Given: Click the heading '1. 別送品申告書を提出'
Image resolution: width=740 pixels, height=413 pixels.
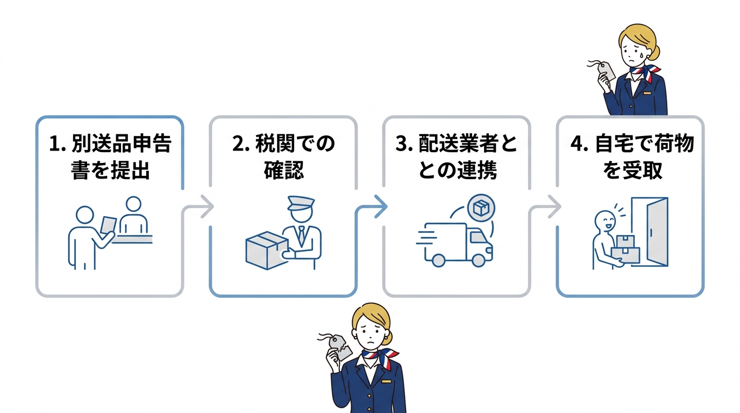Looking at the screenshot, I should [110, 157].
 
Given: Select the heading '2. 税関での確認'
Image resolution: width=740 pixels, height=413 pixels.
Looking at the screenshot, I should [283, 157].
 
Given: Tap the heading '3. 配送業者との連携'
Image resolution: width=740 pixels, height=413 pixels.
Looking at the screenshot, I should [456, 157].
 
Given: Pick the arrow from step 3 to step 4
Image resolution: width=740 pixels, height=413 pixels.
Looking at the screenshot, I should [551, 207].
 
